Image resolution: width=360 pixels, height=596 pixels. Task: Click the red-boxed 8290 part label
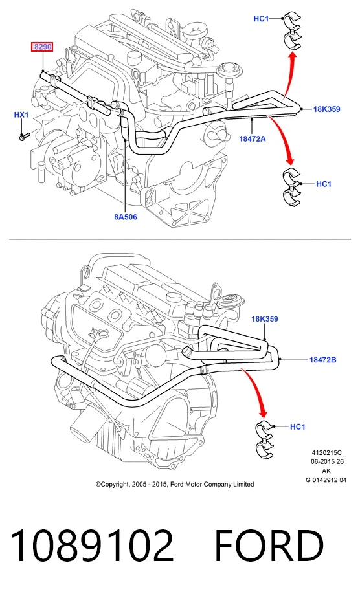point(42,47)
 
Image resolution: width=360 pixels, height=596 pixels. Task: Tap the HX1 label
point(21,115)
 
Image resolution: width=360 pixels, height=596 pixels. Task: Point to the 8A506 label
point(126,217)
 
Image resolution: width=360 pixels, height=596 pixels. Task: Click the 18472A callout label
point(253,138)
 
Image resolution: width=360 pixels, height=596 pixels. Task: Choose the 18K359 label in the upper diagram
point(326,109)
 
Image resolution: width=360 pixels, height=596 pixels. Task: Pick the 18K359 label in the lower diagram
point(265,319)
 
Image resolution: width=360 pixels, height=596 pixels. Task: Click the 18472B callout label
point(322,360)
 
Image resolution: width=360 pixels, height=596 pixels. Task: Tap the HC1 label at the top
point(261,19)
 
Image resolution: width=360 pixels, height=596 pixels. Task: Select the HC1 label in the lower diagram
point(298,427)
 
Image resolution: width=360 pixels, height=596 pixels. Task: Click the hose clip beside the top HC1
point(292,31)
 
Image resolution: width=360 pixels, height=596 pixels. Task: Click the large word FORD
point(269,546)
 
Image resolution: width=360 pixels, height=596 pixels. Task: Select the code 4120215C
point(326,453)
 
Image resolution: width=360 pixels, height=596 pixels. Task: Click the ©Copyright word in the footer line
point(113,484)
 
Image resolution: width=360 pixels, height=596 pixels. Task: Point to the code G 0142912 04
point(326,480)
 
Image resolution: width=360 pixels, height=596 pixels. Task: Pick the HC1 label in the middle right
point(324,184)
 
